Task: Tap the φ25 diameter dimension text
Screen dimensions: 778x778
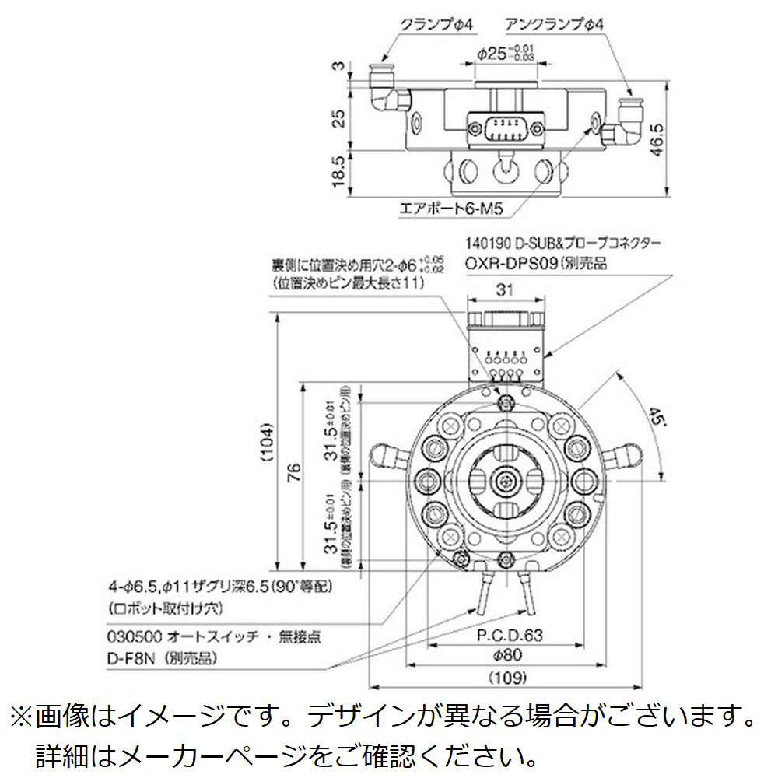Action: tap(501, 54)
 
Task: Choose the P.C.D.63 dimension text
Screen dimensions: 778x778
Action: tap(509, 636)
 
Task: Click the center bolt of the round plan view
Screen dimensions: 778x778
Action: tap(507, 482)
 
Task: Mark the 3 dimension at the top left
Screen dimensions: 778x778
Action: tap(337, 66)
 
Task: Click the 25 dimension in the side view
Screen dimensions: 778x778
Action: tap(337, 118)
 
